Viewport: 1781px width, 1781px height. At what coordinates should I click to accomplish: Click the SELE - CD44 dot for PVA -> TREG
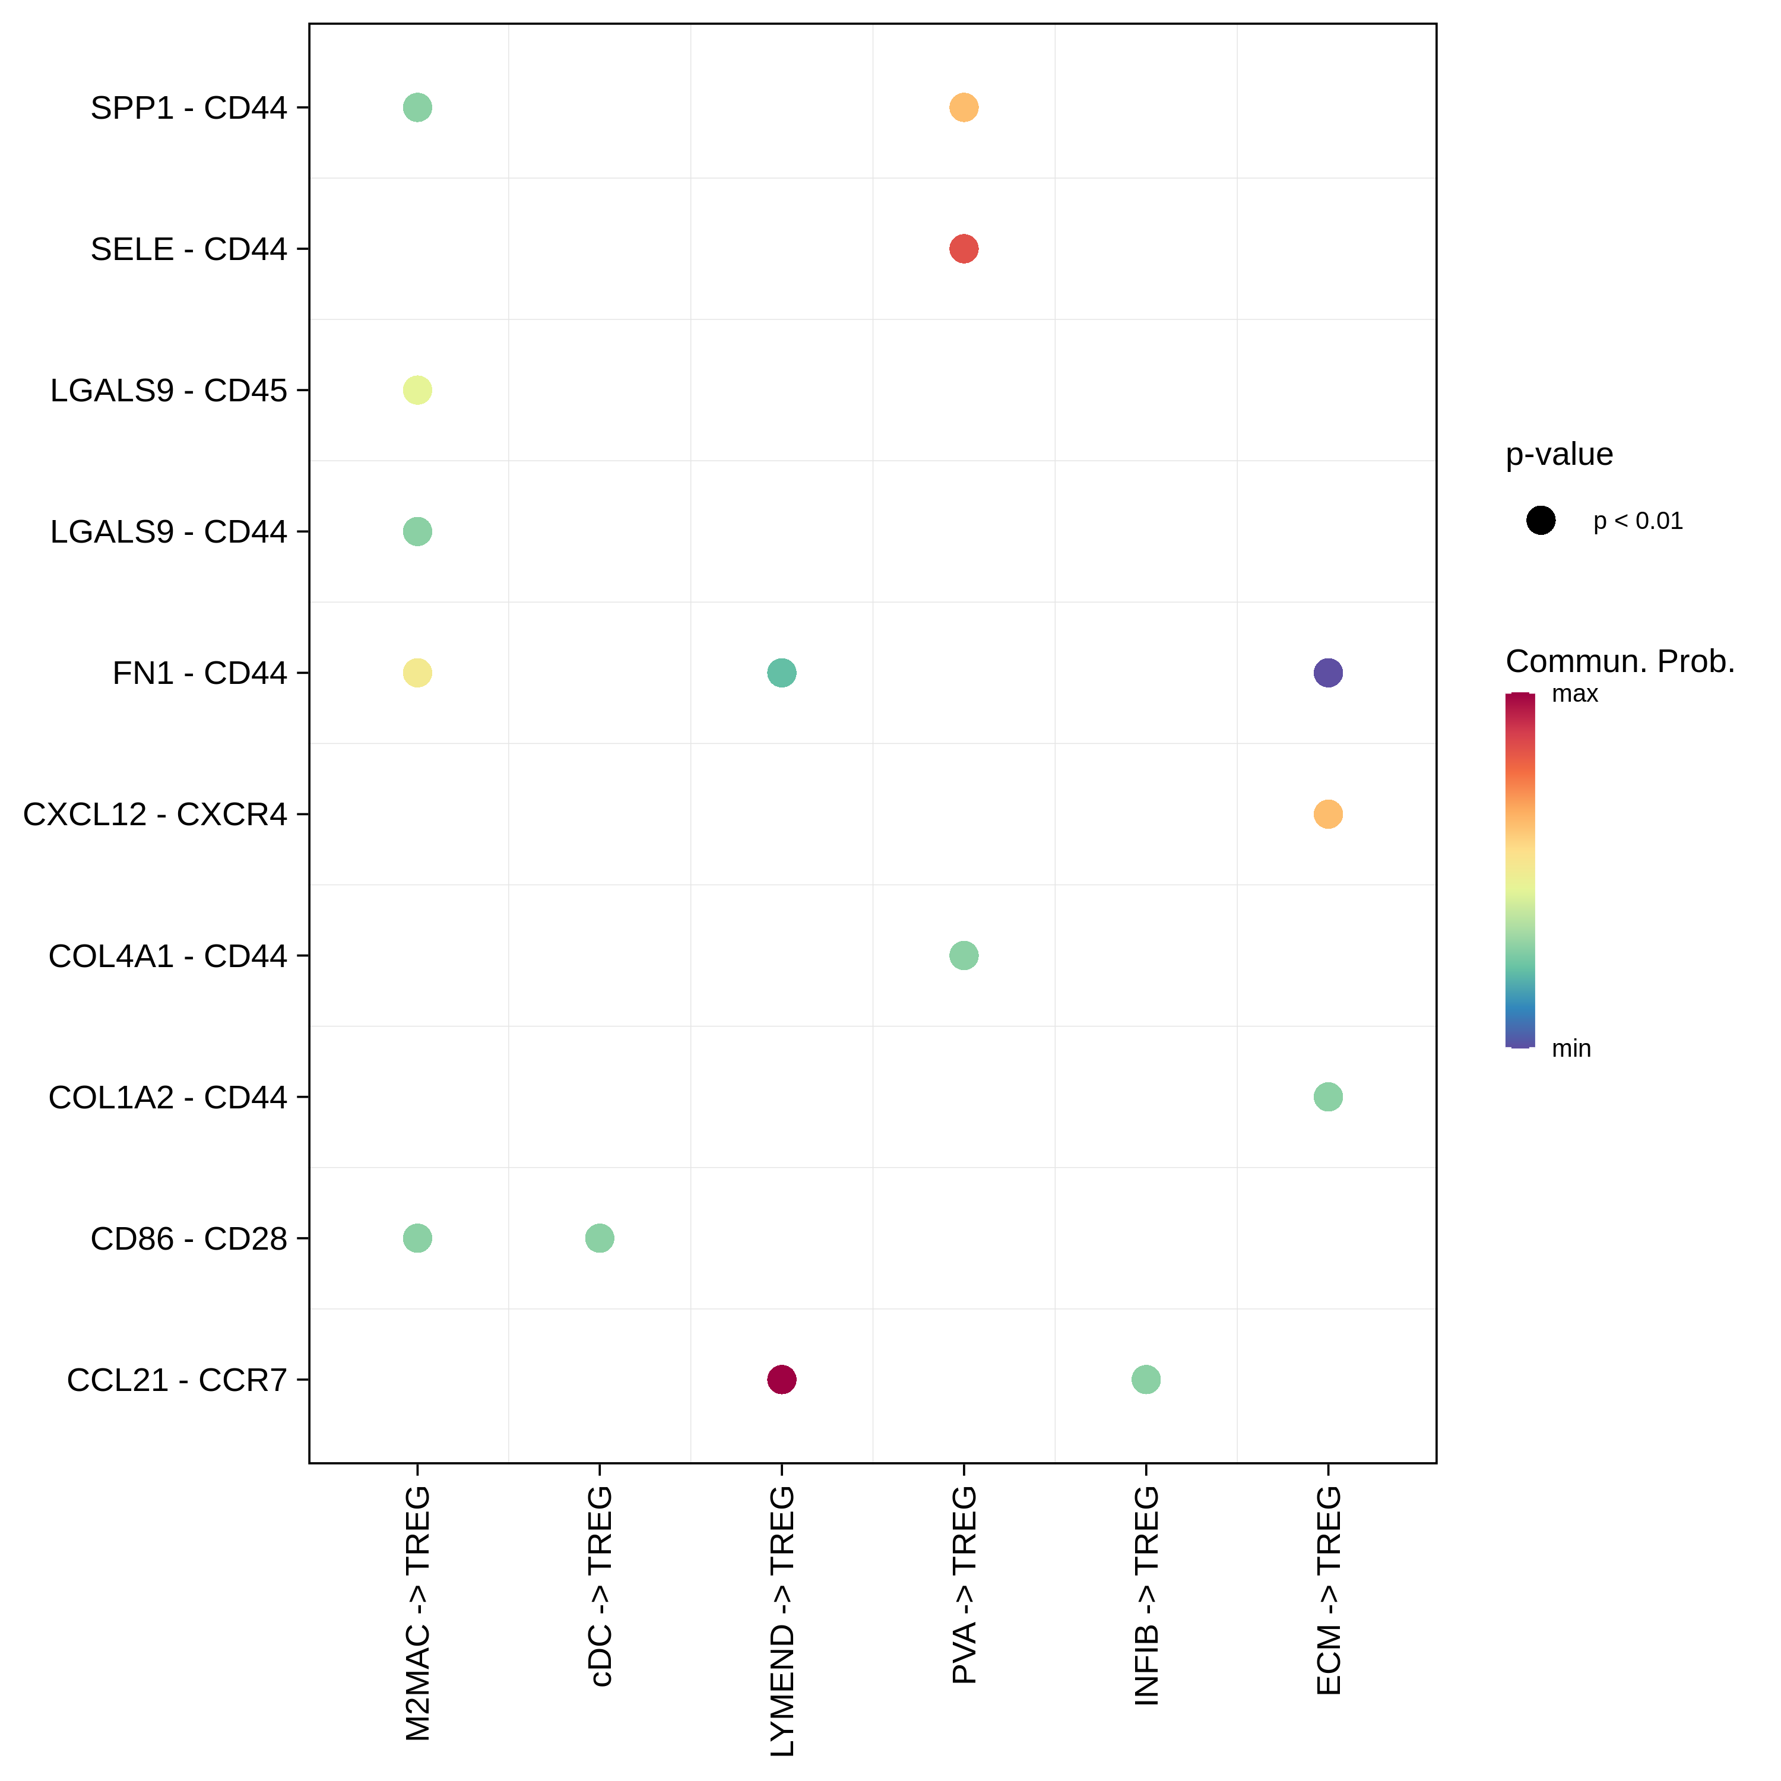tap(964, 249)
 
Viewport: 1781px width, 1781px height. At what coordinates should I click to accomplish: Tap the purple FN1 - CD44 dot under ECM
tap(1327, 673)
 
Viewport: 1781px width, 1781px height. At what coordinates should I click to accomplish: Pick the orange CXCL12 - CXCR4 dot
tap(1327, 814)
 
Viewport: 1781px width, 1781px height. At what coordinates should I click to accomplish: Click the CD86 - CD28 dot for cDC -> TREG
tap(599, 1238)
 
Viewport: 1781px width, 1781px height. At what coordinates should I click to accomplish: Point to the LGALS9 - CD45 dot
tap(417, 390)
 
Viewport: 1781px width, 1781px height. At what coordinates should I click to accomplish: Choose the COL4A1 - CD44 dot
tap(964, 955)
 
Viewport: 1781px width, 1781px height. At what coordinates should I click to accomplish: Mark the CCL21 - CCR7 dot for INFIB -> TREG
tap(1146, 1379)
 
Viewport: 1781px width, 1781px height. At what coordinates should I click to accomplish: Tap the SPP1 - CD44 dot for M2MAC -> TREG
tap(417, 108)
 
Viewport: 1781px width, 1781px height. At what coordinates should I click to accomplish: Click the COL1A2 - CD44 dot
tap(1327, 1097)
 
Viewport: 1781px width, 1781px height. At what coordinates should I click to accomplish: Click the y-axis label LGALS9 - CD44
tap(169, 532)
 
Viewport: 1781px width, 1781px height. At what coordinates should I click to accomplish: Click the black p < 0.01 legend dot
tap(1541, 521)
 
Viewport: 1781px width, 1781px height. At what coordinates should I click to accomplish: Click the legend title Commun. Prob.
tap(1620, 661)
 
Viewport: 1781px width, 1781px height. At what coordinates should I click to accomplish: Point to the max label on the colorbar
tap(1574, 694)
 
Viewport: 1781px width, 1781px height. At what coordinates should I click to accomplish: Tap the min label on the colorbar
tap(1571, 1049)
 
